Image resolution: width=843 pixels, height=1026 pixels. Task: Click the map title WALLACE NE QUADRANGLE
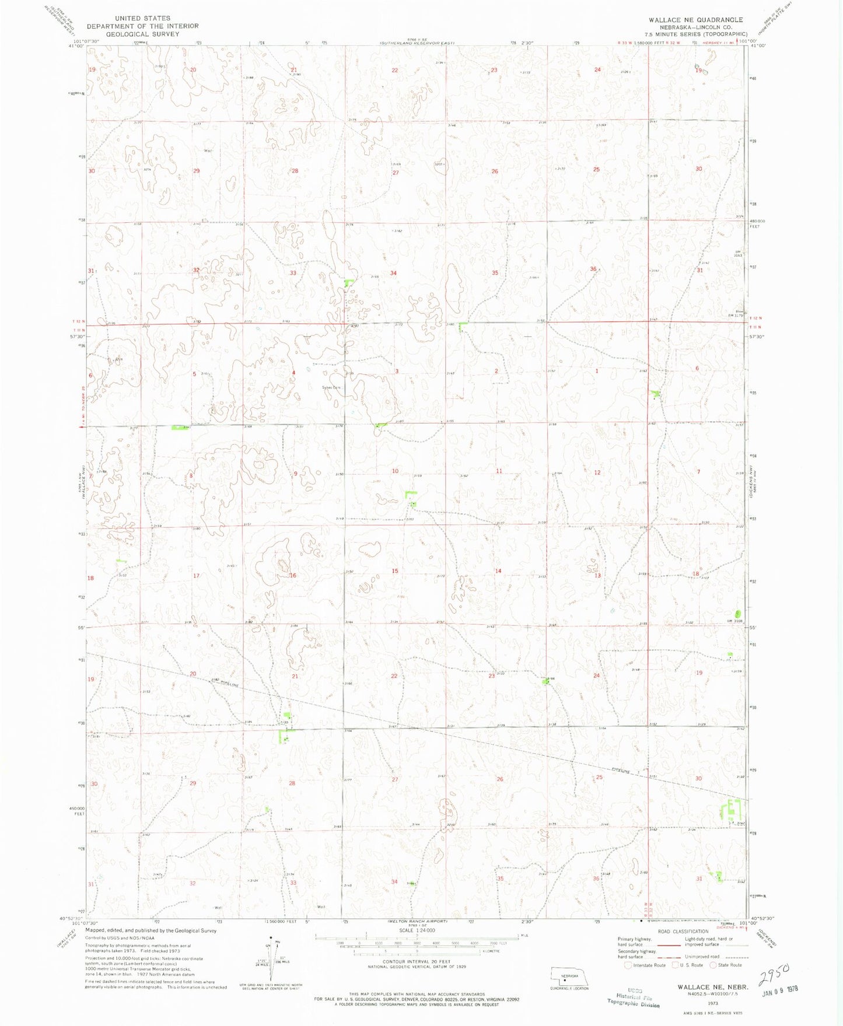click(695, 20)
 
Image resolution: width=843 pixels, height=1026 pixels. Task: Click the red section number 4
click(294, 373)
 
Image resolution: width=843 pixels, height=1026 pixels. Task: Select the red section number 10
click(395, 471)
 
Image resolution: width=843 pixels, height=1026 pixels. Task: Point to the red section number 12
click(597, 472)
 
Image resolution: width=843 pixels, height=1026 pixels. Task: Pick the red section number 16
click(293, 576)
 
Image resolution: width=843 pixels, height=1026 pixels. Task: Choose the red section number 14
click(498, 571)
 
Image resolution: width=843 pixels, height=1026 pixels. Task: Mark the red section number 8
click(191, 476)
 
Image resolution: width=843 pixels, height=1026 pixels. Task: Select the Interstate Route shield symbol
click(628, 965)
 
